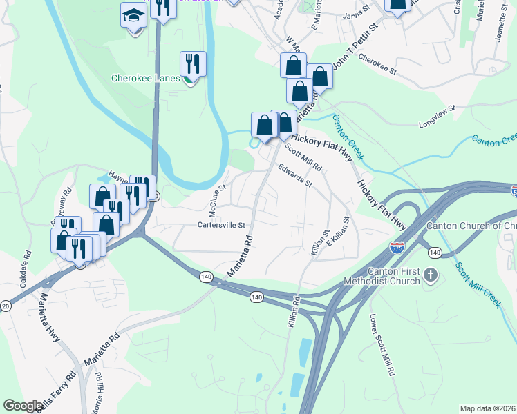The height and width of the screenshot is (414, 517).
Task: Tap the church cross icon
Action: [x=430, y=276]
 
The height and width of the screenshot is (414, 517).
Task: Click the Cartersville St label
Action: [x=222, y=225]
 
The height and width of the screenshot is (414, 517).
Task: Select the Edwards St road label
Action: [x=295, y=175]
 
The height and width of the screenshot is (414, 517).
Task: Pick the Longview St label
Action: [x=438, y=117]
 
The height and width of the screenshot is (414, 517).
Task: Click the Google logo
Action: [x=23, y=406]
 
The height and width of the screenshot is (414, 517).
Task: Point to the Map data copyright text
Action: [x=488, y=408]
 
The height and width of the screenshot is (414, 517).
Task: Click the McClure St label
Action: [x=218, y=199]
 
